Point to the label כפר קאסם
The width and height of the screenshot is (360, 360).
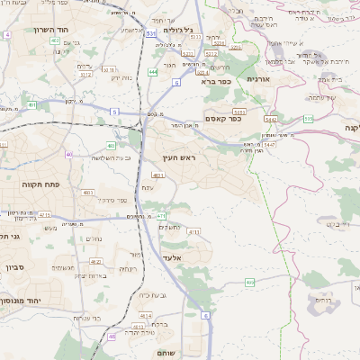[221, 117]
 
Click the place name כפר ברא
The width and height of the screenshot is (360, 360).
[216, 81]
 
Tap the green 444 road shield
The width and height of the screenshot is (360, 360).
[153, 72]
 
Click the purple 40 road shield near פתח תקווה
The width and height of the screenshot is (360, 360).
[69, 154]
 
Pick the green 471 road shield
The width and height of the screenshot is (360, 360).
[161, 216]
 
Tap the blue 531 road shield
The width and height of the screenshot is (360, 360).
[150, 33]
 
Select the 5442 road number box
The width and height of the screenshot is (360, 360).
[271, 118]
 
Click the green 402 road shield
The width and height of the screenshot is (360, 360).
[55, 40]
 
